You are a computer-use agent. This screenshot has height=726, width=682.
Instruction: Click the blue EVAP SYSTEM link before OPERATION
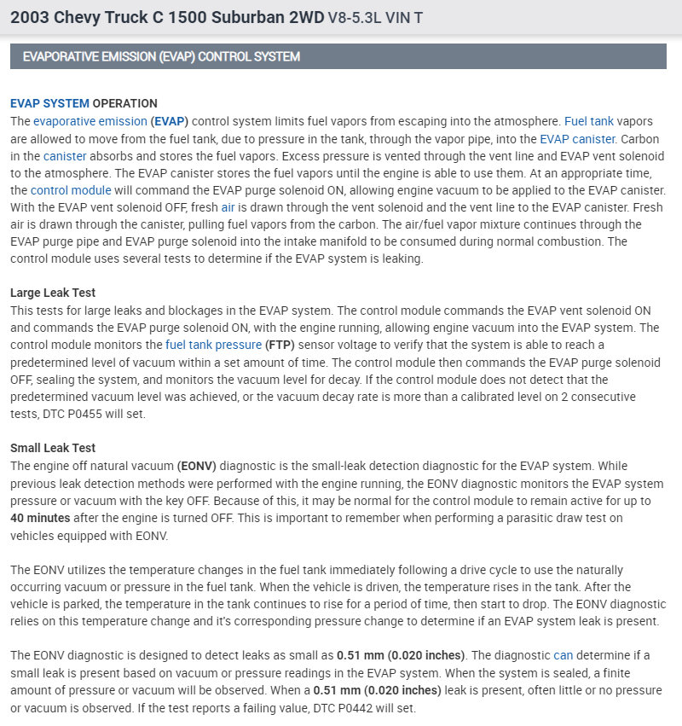(x=49, y=104)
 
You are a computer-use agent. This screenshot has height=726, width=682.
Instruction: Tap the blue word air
(x=228, y=207)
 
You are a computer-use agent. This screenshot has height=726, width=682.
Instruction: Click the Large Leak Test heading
(x=53, y=293)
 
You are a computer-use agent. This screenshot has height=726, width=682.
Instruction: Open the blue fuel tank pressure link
(x=214, y=345)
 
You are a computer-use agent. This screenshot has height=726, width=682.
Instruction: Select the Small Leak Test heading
(x=53, y=448)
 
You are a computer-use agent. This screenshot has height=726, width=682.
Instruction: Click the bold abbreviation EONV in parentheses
(x=197, y=466)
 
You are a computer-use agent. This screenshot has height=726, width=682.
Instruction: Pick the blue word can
(x=564, y=655)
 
